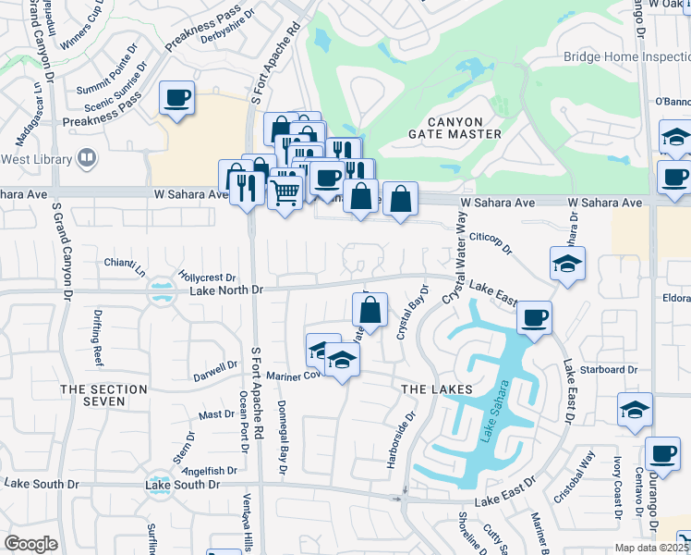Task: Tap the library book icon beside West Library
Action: (x=86, y=158)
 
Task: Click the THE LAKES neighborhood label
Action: (x=437, y=389)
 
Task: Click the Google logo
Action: (x=30, y=544)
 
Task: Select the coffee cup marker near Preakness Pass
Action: (x=176, y=97)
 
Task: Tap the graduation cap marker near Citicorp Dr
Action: (x=567, y=263)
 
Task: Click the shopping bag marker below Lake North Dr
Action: (x=370, y=309)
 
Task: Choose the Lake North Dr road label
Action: (x=226, y=290)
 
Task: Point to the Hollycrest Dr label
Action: (x=208, y=277)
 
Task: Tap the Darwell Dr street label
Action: (x=215, y=371)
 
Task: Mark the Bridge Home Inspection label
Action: (x=626, y=56)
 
